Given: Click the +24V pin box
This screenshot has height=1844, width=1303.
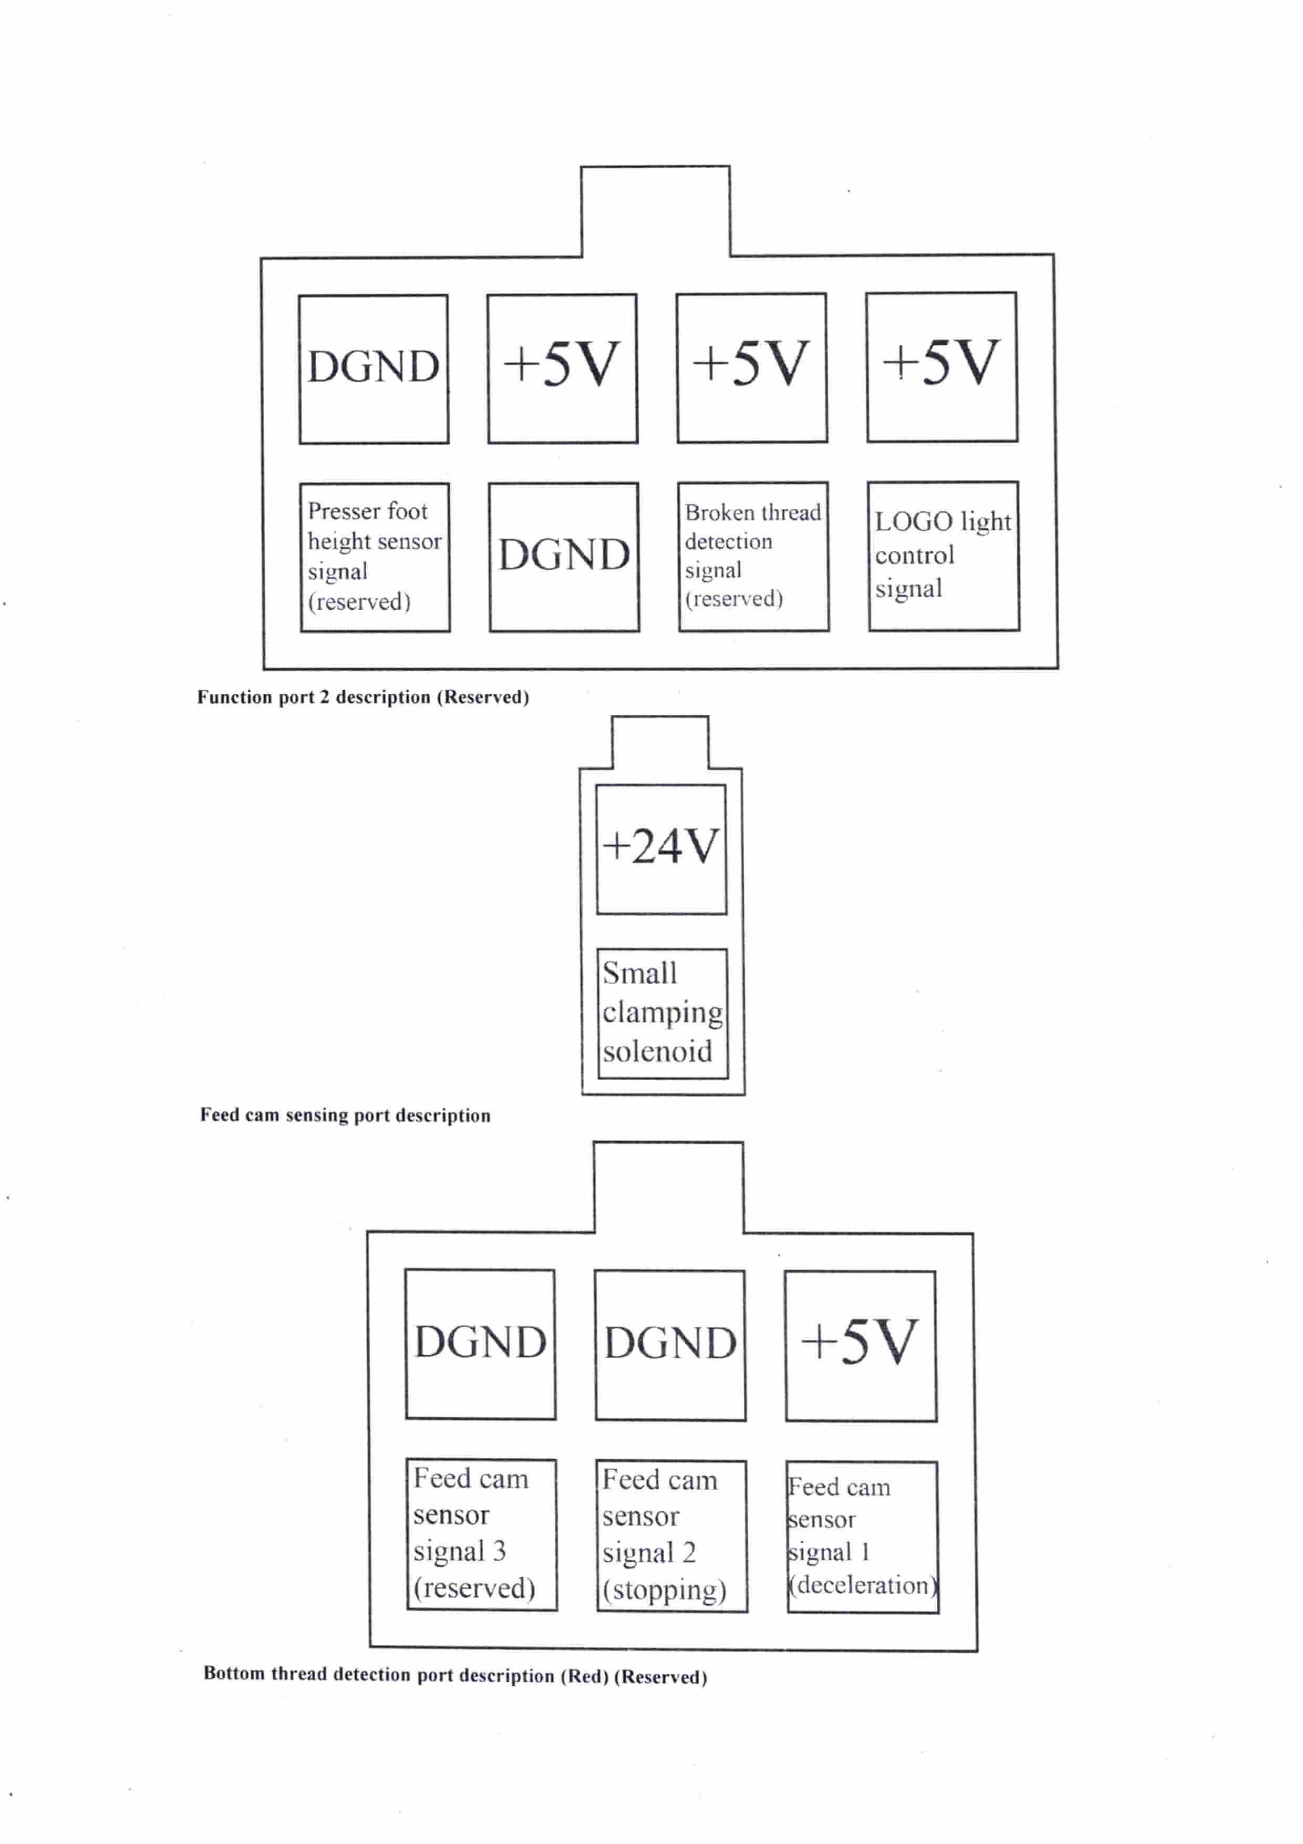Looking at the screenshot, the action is (661, 849).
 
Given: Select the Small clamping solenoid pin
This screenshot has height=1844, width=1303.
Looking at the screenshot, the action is (663, 1013).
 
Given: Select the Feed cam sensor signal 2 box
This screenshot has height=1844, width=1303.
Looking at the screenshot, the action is (671, 1535).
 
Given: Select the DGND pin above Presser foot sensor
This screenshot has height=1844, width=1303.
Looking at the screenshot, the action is (374, 370).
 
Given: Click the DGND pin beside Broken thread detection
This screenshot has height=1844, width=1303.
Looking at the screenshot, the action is (564, 557).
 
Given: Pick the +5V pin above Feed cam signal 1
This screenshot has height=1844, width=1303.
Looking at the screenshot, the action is (861, 1346).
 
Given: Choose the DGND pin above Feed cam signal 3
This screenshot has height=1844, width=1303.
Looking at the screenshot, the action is (480, 1345).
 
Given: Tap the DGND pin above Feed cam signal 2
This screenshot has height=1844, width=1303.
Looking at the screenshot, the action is (670, 1345).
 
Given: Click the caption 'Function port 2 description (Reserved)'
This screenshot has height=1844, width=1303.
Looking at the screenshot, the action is (363, 697).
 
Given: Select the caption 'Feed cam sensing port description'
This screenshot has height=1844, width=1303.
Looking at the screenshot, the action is (345, 1115).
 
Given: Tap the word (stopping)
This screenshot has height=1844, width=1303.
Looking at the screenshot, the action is (665, 1590).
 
